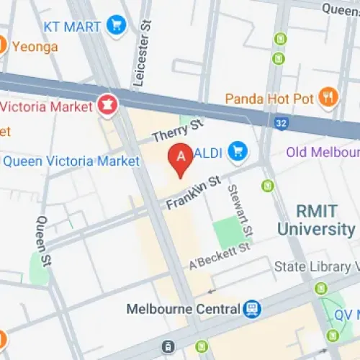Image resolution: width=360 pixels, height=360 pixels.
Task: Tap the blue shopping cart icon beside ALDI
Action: point(236,151)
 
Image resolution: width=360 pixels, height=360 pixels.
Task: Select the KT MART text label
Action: point(72,27)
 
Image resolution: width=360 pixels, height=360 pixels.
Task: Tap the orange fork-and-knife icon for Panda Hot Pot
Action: point(328,96)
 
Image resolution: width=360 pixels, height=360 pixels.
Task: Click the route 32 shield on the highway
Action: point(282,124)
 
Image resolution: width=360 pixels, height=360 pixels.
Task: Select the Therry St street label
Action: point(178,132)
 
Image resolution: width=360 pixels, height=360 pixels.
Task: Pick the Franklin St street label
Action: point(192,193)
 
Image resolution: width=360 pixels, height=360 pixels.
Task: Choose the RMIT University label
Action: point(316,220)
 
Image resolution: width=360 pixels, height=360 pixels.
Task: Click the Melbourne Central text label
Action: point(183,309)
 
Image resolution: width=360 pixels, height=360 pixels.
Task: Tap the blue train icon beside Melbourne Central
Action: point(253,309)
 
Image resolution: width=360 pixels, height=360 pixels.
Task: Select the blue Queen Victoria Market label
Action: point(71,161)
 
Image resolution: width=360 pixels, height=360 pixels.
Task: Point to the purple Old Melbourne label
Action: point(322,152)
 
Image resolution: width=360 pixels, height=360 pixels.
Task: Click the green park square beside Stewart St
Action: point(228,230)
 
